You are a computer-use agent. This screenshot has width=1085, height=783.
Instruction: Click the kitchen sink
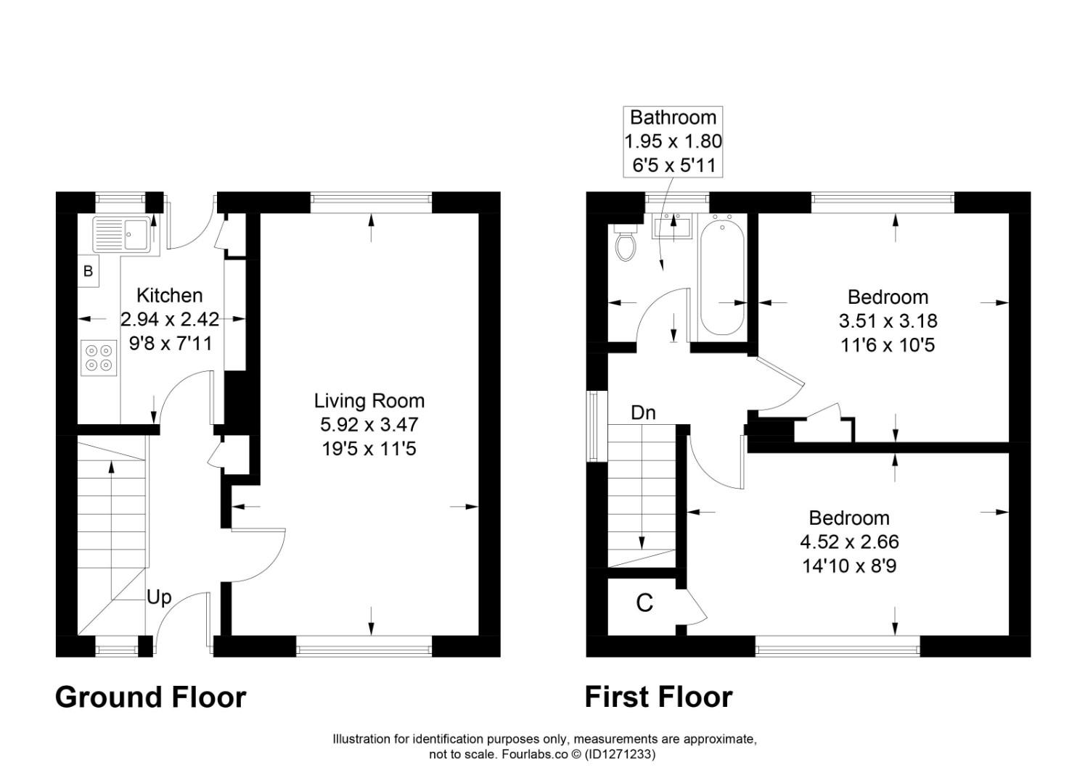120,234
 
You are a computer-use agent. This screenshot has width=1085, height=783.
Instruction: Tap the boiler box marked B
89,272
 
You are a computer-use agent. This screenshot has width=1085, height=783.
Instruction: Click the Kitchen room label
170,296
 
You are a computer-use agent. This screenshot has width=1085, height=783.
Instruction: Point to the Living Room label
369,401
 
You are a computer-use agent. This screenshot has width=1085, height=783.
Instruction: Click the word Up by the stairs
159,597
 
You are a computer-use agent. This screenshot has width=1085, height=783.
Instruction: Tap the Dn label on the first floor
643,413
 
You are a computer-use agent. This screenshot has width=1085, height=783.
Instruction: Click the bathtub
721,275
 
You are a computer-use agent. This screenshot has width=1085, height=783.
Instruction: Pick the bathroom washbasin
673,226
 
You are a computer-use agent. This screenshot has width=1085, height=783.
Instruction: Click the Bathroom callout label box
673,141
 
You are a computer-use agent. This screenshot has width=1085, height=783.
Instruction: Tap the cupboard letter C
644,603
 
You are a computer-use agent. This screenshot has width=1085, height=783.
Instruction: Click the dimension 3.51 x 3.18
888,321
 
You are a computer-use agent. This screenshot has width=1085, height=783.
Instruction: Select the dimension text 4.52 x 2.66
849,542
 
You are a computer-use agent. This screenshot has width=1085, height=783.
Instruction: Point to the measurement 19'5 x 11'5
369,449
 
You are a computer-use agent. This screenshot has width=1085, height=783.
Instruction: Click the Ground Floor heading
151,697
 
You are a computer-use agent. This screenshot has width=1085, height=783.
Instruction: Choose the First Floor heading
658,697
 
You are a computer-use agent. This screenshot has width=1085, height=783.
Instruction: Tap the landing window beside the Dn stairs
595,426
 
